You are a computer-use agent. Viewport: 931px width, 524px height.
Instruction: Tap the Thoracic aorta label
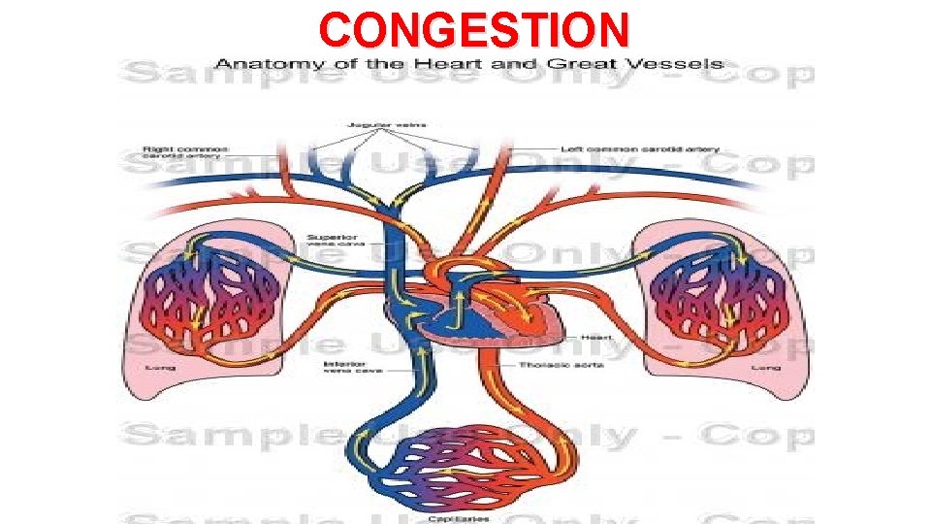(563, 365)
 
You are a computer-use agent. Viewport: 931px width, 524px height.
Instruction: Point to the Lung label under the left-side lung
(160, 368)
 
